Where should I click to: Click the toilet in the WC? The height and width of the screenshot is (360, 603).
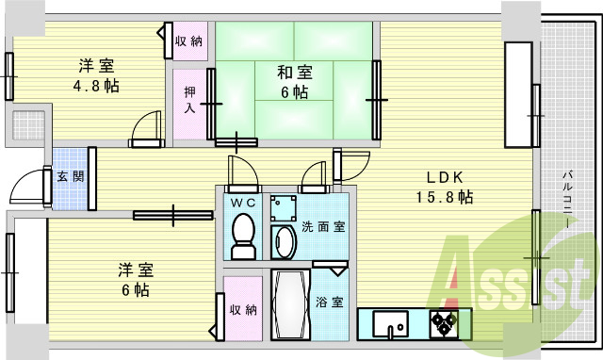243,233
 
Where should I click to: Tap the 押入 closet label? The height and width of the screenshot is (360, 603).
188,101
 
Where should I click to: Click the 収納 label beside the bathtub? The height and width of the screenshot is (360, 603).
242,310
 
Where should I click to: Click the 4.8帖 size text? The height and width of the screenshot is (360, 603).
98,85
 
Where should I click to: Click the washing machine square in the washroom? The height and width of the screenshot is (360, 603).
282,207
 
